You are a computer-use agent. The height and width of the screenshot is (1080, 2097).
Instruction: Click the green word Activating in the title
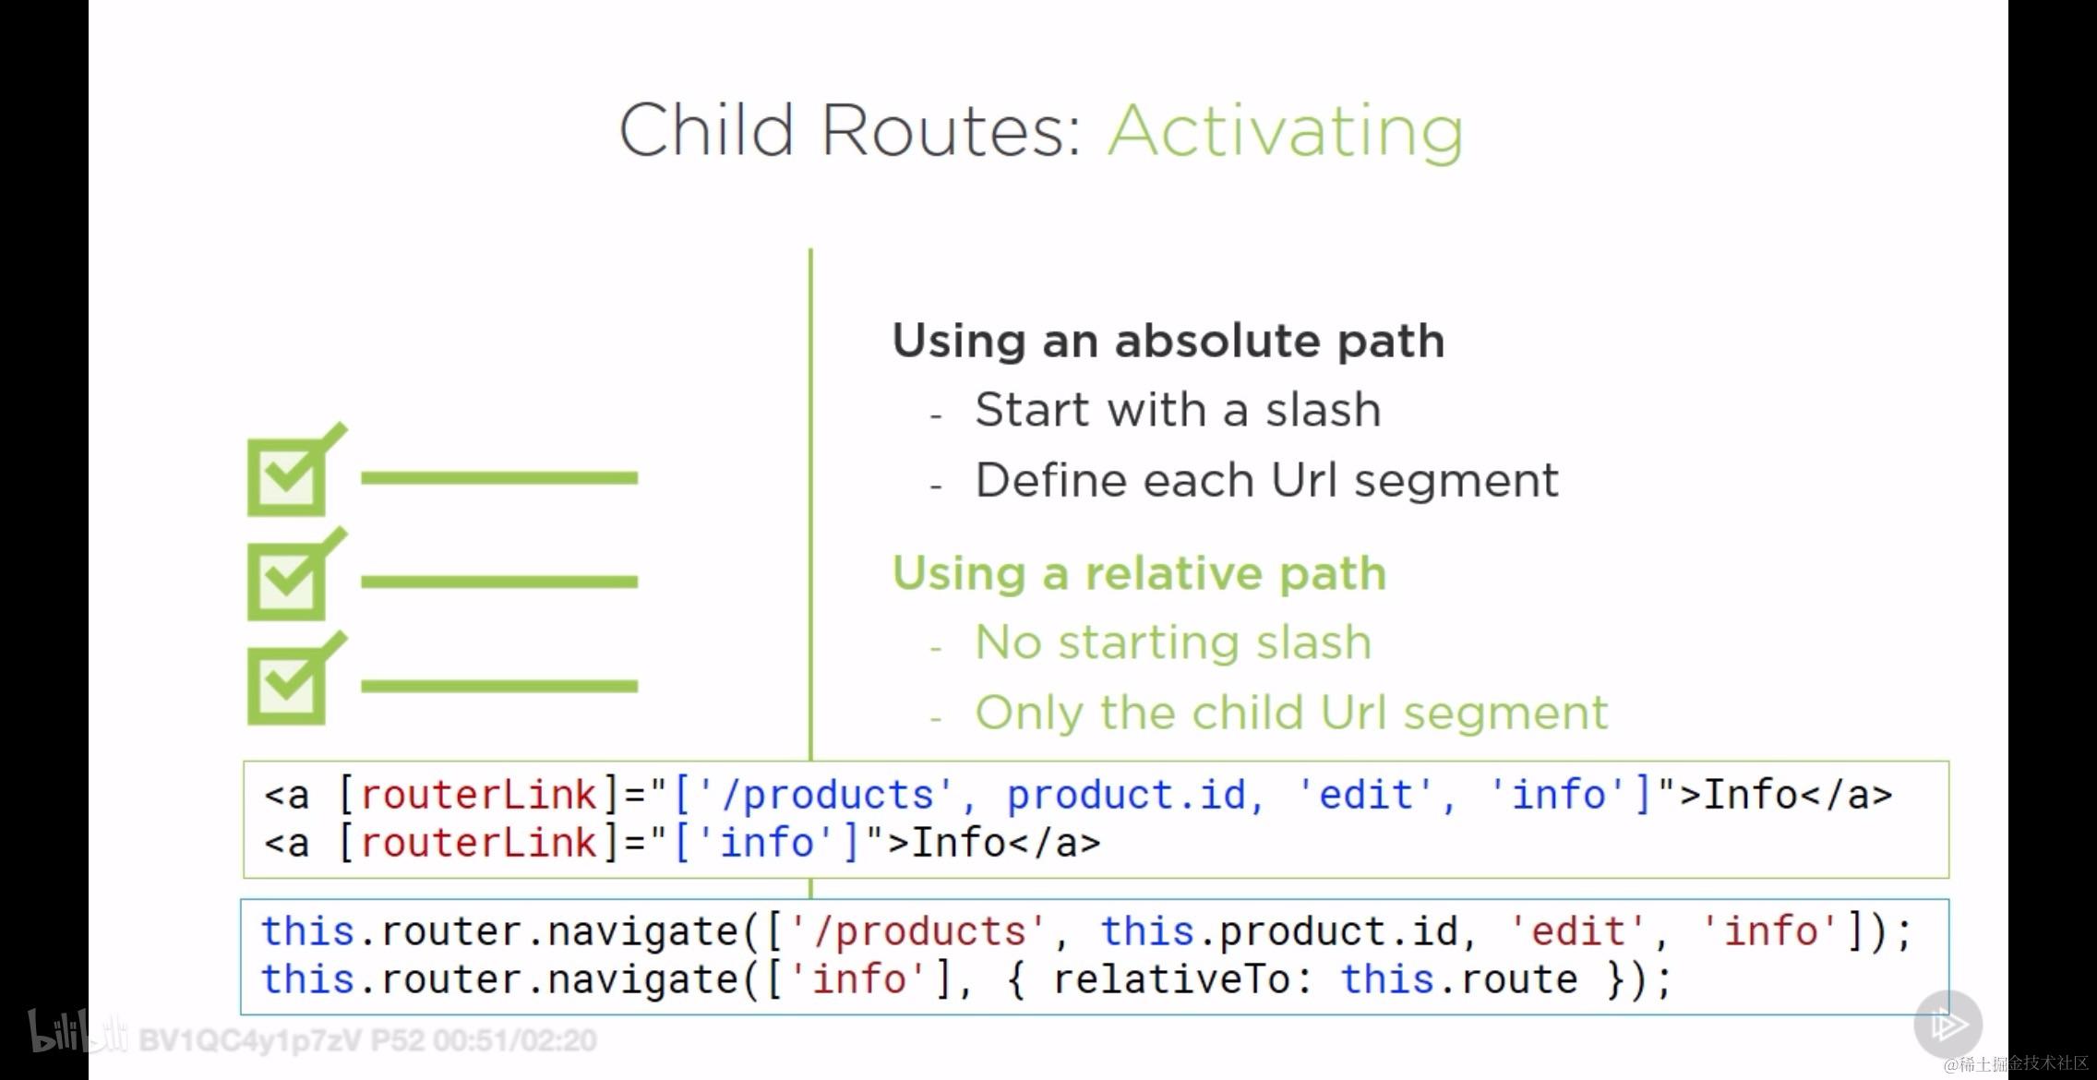click(1286, 131)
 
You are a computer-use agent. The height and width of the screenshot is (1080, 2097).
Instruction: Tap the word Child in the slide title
click(706, 129)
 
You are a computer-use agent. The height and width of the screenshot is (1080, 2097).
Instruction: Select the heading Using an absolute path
click(1168, 342)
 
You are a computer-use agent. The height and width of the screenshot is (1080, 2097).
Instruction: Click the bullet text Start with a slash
click(1178, 409)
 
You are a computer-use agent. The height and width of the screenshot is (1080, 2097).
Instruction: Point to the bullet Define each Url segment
click(1267, 481)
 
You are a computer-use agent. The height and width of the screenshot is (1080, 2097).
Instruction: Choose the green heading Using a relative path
click(1140, 574)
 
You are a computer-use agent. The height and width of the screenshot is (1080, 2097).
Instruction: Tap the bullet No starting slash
click(1173, 643)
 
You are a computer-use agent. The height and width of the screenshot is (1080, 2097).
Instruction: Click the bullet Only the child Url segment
click(1291, 713)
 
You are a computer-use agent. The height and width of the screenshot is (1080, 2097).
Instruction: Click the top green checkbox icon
click(296, 470)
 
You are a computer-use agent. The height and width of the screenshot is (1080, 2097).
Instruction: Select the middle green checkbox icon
click(296, 574)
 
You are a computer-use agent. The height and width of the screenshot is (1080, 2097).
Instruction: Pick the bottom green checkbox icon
click(296, 678)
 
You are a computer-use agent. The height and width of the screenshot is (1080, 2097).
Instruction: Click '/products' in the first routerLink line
click(825, 796)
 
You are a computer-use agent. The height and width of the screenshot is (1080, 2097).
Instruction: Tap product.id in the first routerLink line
click(1126, 796)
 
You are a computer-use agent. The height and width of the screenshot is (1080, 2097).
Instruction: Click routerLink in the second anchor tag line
click(479, 843)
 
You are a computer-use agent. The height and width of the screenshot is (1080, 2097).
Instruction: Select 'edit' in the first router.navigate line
click(1578, 931)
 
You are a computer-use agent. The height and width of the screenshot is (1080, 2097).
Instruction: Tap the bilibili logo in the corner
click(78, 1031)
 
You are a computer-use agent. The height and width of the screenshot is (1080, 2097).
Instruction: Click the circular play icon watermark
click(1947, 1025)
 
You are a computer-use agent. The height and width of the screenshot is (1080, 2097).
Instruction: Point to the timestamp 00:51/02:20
click(515, 1041)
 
